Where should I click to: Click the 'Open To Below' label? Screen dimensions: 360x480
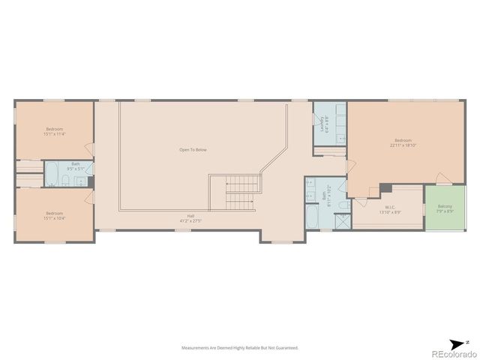(193, 150)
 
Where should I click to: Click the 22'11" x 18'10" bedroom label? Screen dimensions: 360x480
(403, 142)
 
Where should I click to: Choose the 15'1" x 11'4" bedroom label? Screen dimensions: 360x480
(55, 131)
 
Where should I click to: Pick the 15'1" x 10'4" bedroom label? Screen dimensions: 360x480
(55, 214)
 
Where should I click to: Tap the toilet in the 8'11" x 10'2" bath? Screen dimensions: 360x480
(343, 204)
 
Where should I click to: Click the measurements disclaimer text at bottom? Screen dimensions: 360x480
(239, 348)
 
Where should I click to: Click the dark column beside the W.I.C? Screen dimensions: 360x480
(385, 187)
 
